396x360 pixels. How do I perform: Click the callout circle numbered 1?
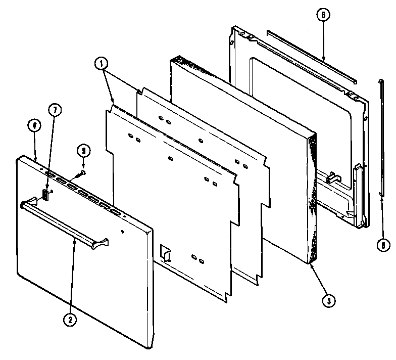point(101,64)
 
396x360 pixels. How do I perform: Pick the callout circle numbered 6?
point(323,15)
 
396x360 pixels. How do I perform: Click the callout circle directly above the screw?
point(83,150)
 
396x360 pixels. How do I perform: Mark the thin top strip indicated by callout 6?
point(311,55)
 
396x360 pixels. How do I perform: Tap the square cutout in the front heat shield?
point(165,252)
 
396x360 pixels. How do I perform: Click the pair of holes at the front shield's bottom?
point(199,261)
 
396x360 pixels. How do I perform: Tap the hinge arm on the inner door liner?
point(359,192)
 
